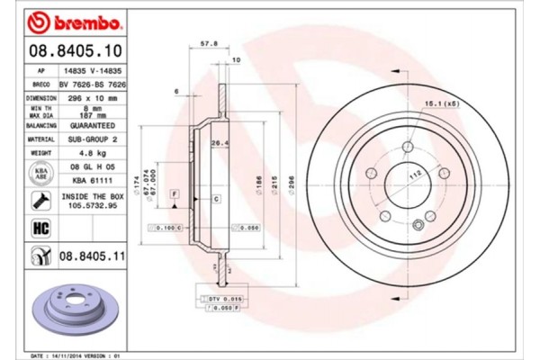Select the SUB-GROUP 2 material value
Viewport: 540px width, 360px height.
pos(93,139)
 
